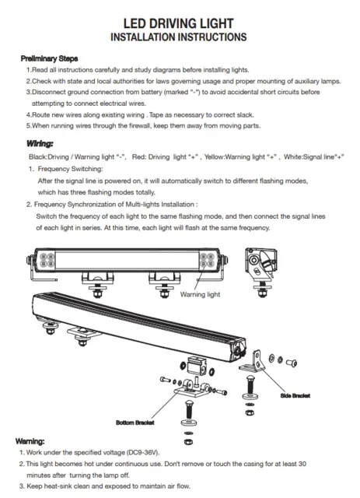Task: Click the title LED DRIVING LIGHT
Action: click(x=180, y=22)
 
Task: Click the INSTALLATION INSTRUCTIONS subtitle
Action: click(x=180, y=37)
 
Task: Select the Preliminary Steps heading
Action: click(x=48, y=58)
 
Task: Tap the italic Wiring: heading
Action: click(x=40, y=143)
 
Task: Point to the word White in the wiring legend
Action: click(x=293, y=156)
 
